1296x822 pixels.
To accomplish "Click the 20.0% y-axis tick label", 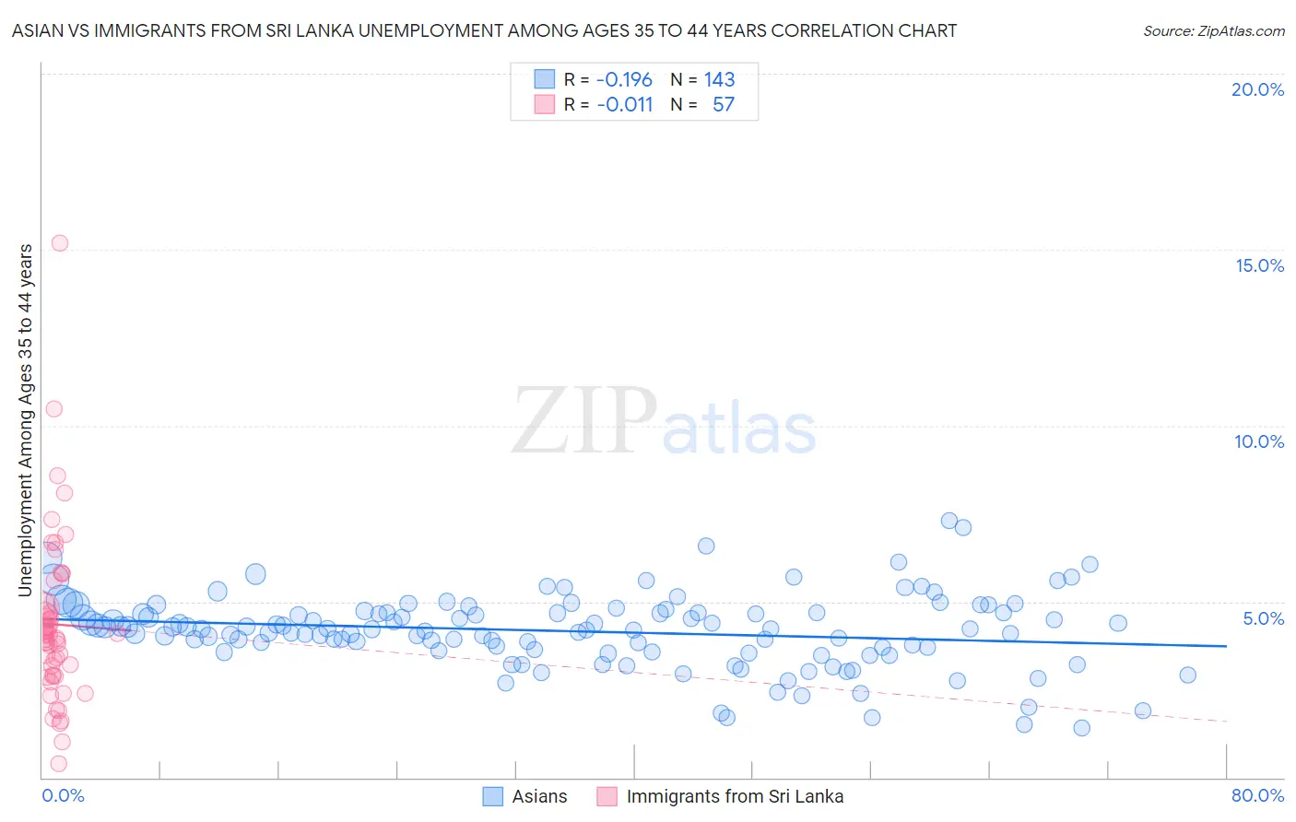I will (1257, 89).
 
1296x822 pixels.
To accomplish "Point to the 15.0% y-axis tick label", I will (1259, 265).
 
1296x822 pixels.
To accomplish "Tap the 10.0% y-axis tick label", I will (1259, 441).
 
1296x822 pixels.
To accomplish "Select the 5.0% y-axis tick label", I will (1263, 618).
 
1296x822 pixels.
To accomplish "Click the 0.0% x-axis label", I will (63, 795).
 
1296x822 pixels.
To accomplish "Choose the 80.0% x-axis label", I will (1257, 795).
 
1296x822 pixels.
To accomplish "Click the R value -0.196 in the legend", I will (624, 80).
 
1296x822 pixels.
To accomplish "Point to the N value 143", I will (719, 80).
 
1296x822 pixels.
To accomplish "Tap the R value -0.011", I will (624, 105).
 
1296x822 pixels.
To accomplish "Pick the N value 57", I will (723, 105).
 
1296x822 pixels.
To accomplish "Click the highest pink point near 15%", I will (60, 243).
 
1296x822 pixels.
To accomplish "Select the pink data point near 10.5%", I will (54, 409).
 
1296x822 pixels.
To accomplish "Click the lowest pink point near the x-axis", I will (59, 763).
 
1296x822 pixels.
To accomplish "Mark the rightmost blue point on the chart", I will (1187, 675).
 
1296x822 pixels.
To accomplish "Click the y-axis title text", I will (26, 420).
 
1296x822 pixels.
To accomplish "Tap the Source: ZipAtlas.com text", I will (1213, 31).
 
